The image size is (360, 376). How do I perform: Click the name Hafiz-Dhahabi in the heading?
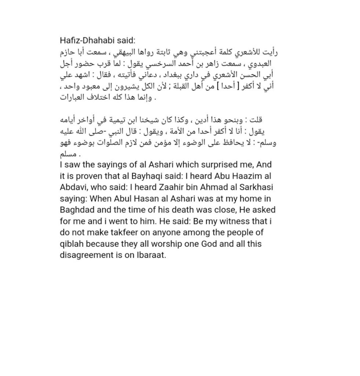[x=83, y=40]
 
